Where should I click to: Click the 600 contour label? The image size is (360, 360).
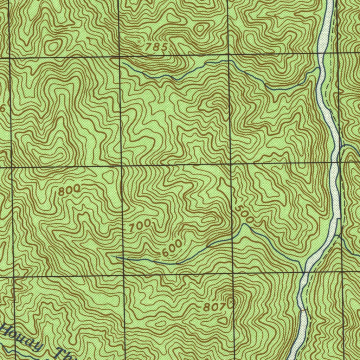172,248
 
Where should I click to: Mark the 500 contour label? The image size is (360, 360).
245,214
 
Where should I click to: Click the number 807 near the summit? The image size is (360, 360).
214,307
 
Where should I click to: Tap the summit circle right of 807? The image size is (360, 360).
231,302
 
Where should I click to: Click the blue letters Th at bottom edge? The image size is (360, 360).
65,354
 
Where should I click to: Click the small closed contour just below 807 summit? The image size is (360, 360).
223,320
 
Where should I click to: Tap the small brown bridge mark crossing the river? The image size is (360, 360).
302,310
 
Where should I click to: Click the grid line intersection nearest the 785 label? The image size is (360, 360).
120,57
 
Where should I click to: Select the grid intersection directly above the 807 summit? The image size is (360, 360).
232,272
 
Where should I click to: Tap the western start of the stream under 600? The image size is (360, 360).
116,257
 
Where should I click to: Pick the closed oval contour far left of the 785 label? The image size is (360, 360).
53,46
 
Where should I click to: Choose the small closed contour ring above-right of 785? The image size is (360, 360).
201,28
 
